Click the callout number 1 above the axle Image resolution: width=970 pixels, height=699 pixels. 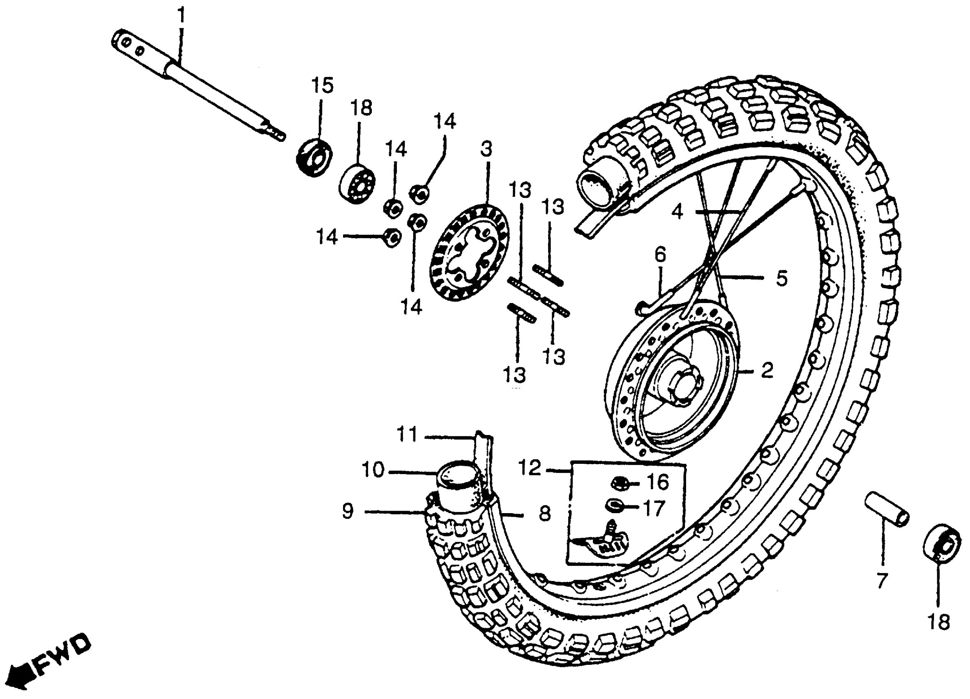click(x=182, y=16)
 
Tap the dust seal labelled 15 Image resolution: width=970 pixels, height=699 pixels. click(x=315, y=157)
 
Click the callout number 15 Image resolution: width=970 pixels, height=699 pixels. click(x=322, y=86)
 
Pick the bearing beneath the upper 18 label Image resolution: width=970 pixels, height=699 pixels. click(x=357, y=183)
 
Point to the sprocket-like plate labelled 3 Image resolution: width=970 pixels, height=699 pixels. click(x=469, y=253)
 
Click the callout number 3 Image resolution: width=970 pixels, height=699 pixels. click(x=486, y=149)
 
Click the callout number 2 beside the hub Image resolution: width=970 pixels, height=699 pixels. click(x=767, y=370)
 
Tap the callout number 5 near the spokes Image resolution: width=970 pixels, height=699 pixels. click(x=782, y=279)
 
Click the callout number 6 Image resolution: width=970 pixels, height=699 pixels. click(x=660, y=255)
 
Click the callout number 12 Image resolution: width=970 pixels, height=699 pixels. click(x=530, y=468)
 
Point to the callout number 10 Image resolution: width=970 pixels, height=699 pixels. click(x=373, y=470)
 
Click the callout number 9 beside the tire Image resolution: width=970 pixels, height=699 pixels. click(x=348, y=511)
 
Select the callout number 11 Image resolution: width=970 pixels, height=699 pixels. click(x=407, y=435)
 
